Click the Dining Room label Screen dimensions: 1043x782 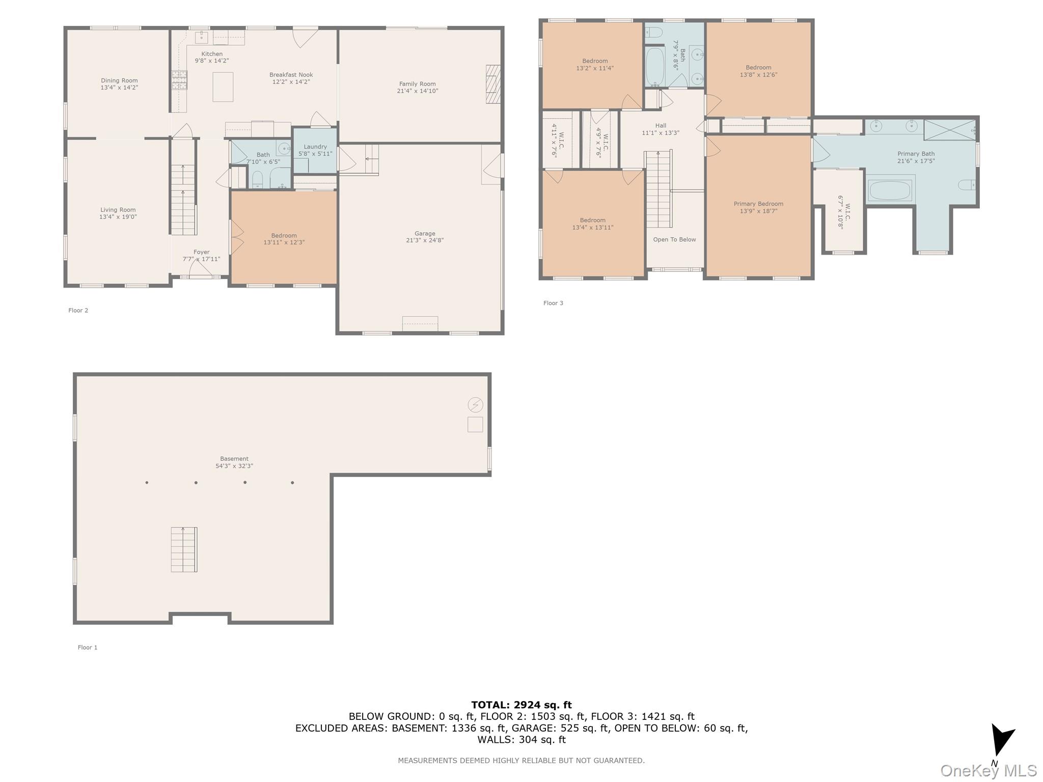(119, 80)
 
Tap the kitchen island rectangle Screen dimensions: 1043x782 (223, 87)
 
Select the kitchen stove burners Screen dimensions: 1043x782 (179, 80)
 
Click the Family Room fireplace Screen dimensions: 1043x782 (493, 84)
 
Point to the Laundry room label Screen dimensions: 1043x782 (315, 147)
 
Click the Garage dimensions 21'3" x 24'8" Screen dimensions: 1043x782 (425, 240)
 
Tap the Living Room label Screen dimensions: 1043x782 (118, 210)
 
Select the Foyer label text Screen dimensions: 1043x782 (202, 252)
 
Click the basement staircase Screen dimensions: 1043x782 (184, 549)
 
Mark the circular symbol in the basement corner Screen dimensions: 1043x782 (475, 405)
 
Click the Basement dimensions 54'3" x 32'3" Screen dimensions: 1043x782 (234, 466)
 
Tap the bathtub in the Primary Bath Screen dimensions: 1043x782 (890, 190)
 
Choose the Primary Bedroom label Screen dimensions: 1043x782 (758, 204)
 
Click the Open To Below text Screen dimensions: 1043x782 (675, 239)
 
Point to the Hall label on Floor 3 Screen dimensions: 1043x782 (661, 126)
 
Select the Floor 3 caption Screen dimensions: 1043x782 (554, 303)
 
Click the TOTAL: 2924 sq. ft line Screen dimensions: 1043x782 (521, 705)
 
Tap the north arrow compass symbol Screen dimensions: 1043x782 (1001, 741)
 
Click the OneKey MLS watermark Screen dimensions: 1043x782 (989, 771)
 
